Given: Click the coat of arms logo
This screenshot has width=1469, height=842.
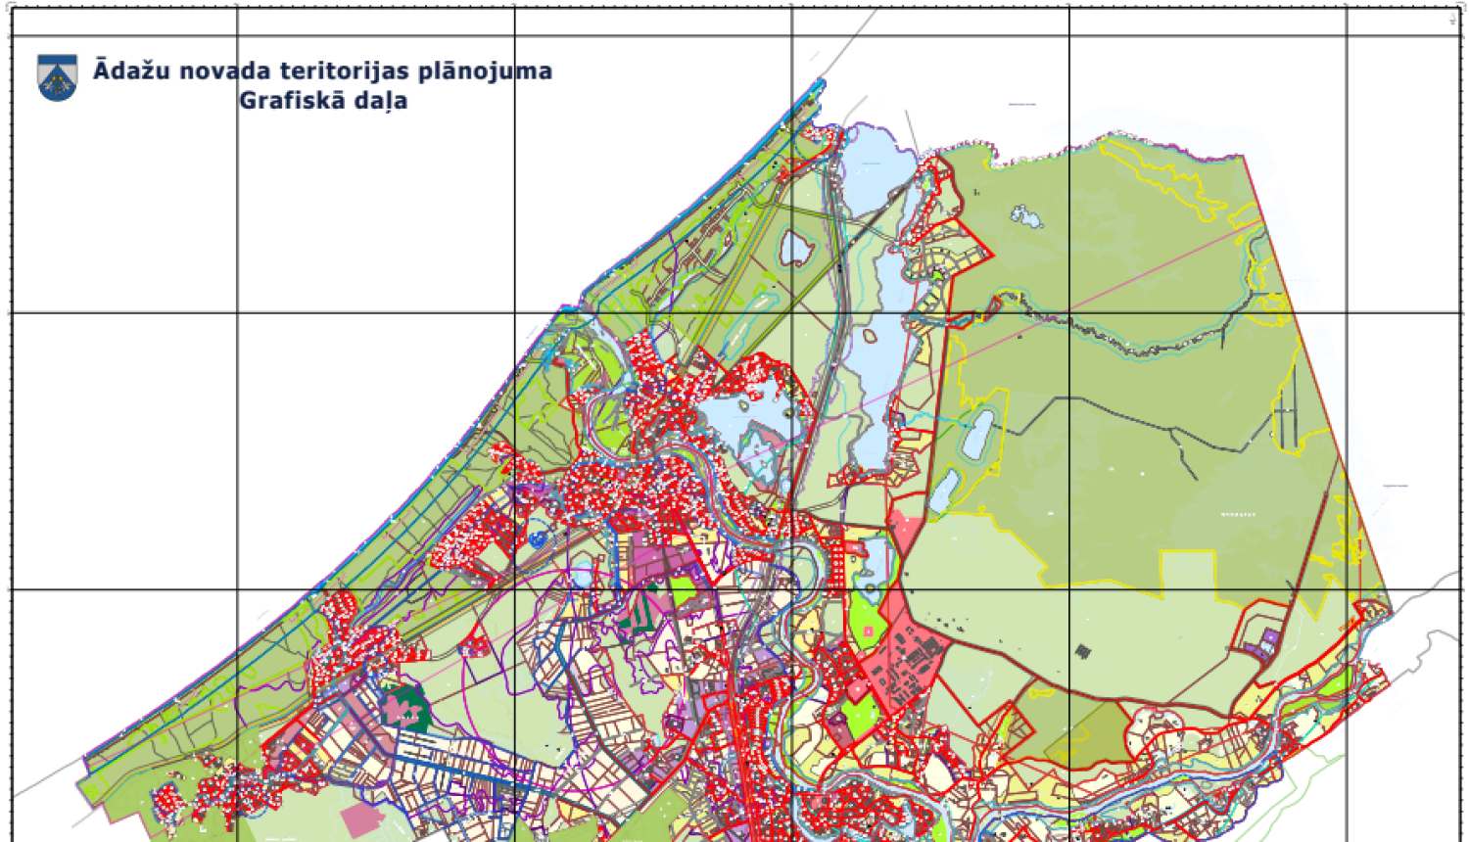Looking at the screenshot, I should click(57, 77).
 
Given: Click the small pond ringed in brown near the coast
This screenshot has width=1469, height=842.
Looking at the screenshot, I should click(795, 248).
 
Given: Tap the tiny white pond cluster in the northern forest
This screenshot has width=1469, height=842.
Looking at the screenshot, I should click(1025, 215).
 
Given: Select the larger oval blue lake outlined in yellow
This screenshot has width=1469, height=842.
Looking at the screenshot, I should click(978, 435).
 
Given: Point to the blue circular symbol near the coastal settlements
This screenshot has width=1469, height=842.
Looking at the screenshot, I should click(537, 538).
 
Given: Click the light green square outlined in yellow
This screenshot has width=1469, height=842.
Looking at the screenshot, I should click(1187, 574).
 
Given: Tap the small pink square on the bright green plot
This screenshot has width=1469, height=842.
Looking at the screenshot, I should click(869, 632).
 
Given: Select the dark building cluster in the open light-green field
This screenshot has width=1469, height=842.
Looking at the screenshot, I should click(1082, 650).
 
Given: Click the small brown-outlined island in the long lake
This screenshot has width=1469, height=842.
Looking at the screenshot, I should click(870, 338).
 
